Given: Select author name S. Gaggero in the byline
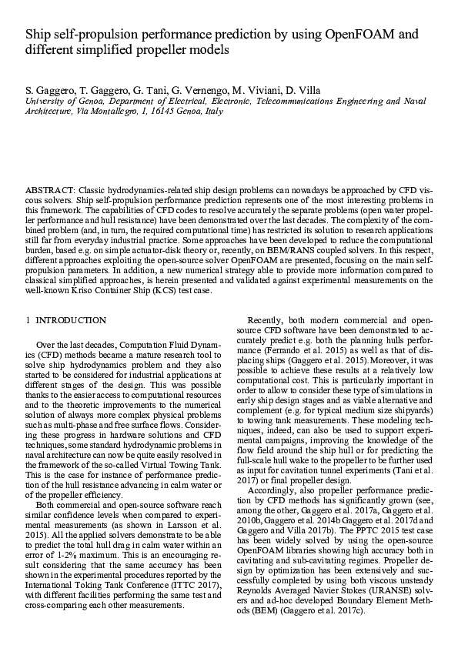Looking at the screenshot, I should [x=48, y=89].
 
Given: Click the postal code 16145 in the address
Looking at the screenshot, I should [x=170, y=111].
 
